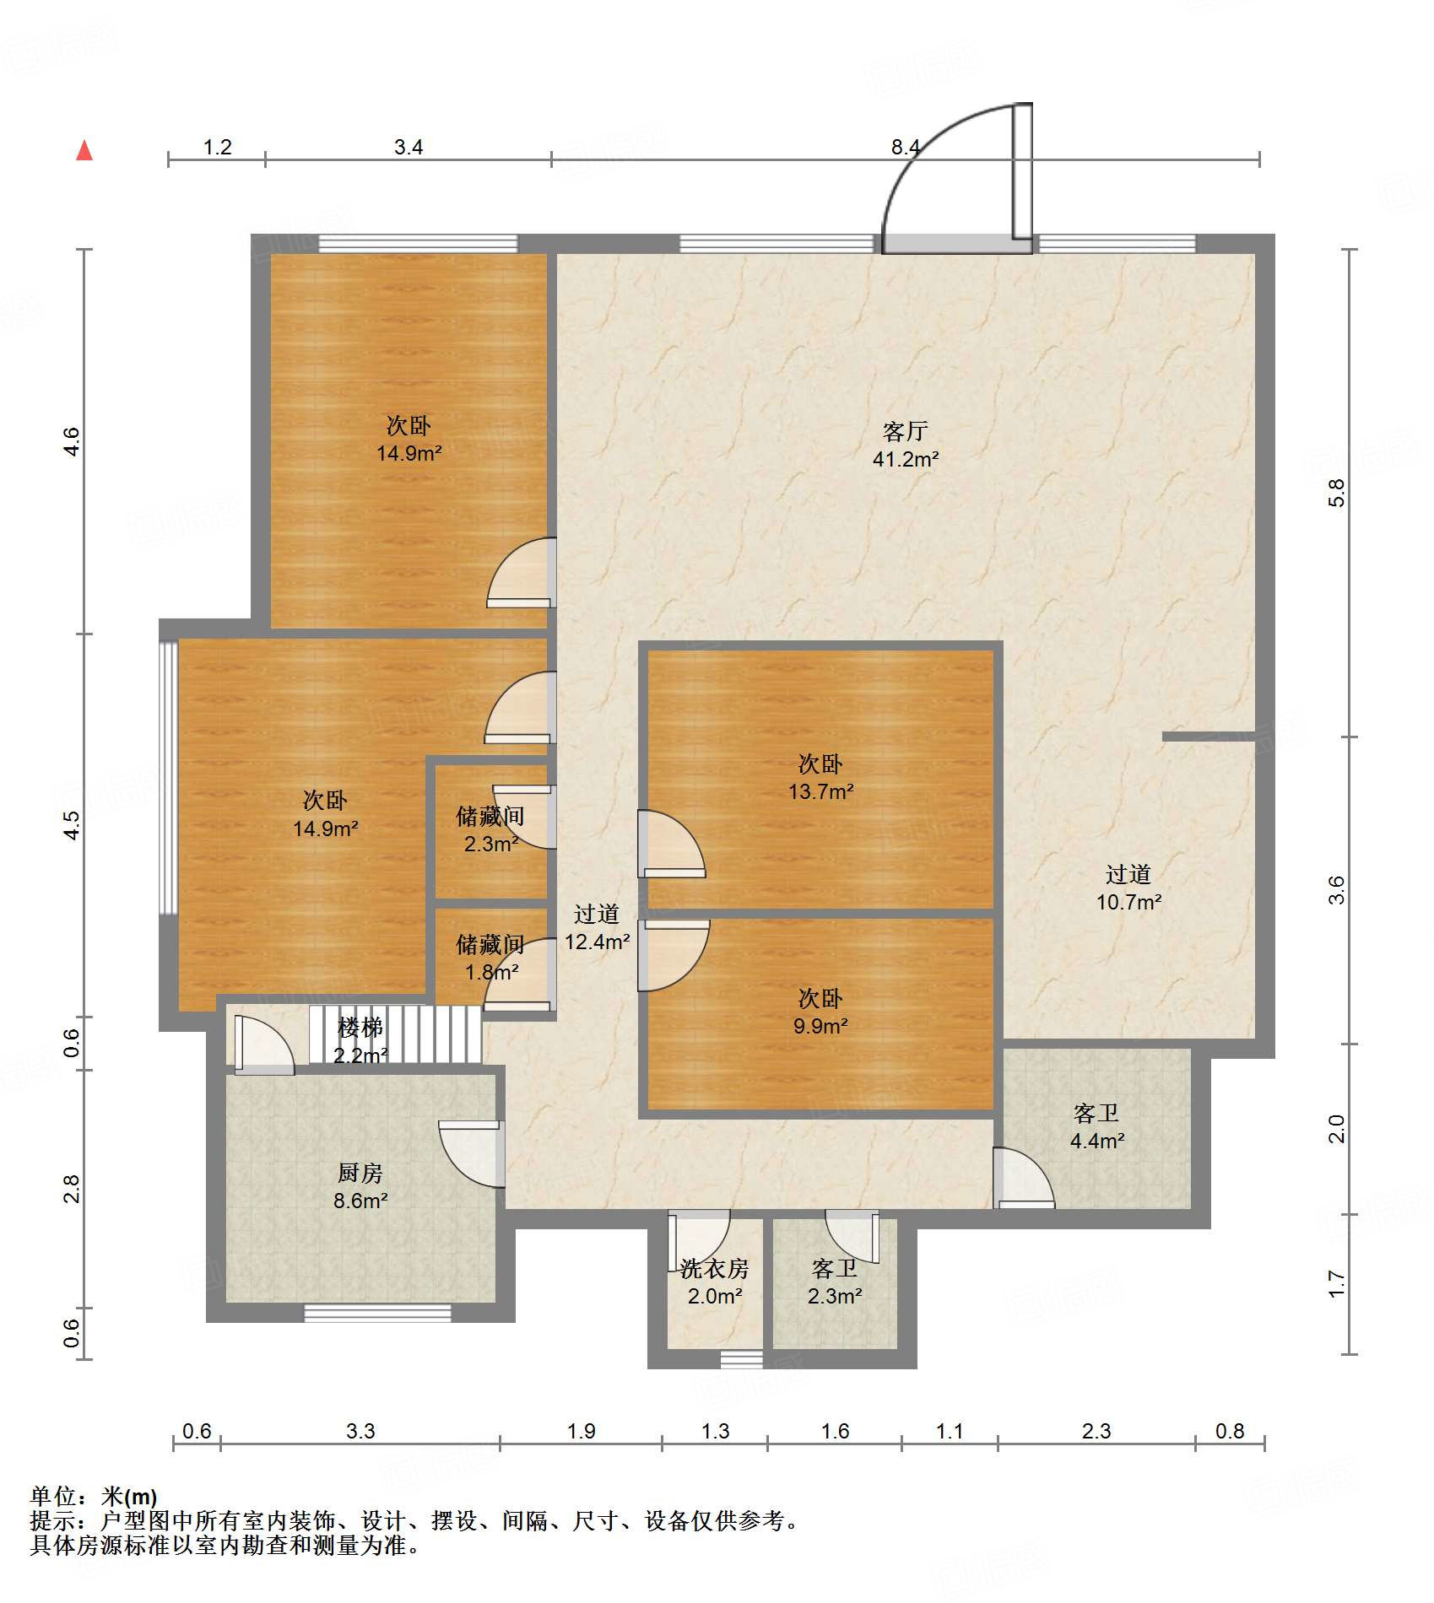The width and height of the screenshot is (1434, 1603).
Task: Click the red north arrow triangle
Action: tap(84, 150)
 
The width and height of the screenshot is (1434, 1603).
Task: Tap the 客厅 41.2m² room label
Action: tap(906, 445)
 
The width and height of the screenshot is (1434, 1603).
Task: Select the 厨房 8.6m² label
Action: tap(360, 1186)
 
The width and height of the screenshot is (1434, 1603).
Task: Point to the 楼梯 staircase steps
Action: tap(396, 1034)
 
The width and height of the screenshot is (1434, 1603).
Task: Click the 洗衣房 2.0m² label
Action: tap(715, 1282)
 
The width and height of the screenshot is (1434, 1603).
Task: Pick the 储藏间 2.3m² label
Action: tap(490, 829)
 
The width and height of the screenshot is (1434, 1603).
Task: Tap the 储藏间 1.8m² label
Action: tap(490, 958)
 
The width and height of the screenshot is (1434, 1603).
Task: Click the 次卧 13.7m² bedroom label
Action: tap(820, 777)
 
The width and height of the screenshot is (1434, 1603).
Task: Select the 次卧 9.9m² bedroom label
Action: tap(820, 1012)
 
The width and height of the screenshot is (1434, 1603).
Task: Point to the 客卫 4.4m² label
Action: tap(1096, 1126)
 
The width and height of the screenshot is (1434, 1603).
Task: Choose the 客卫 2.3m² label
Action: tap(835, 1282)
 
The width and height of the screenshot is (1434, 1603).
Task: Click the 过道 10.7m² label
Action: tap(1128, 888)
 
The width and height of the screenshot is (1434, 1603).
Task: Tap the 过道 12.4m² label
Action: tap(597, 927)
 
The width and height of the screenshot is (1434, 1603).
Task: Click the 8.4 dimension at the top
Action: tap(906, 147)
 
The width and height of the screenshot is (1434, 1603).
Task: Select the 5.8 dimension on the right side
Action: tap(1336, 493)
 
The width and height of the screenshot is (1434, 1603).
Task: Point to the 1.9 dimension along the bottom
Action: tap(581, 1431)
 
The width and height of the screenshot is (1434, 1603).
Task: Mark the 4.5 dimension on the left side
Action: tap(72, 825)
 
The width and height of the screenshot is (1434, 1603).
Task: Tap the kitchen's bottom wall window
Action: tap(377, 1313)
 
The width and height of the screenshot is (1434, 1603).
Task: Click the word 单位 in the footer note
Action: tap(53, 1497)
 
